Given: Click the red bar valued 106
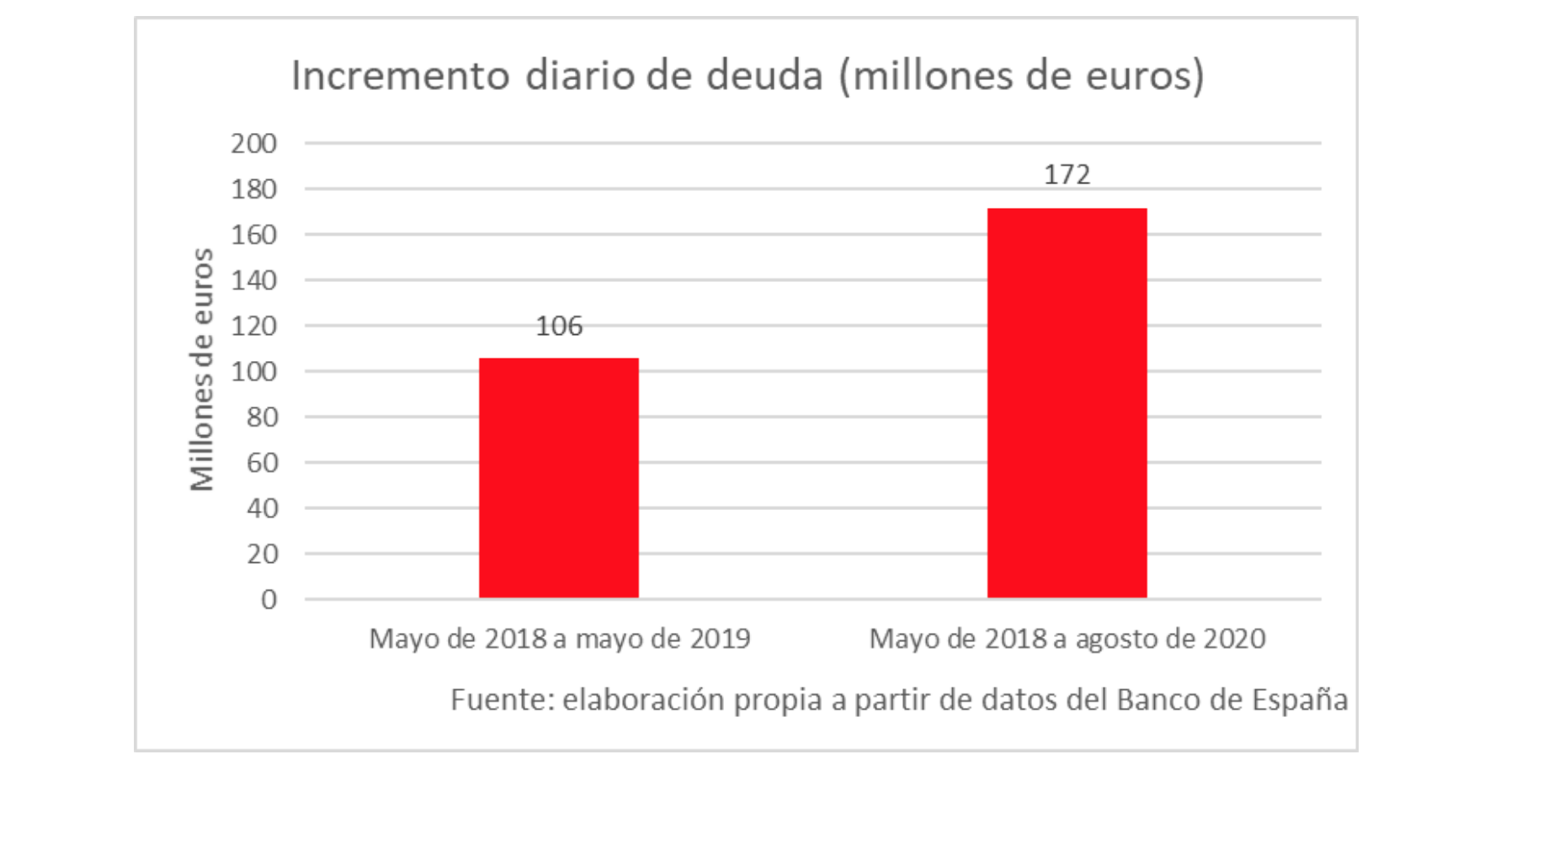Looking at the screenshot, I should [559, 478].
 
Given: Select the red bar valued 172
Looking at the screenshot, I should [1067, 403].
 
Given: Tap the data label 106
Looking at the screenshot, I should [559, 326].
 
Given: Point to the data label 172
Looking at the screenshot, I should [1067, 174].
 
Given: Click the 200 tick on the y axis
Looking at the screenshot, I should [253, 144].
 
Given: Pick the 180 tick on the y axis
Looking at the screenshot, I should [253, 189].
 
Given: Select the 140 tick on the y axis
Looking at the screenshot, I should [253, 280].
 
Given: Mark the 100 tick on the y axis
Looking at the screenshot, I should [253, 372].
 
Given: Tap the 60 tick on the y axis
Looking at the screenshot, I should [262, 463].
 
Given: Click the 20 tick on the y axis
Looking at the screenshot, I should [262, 554].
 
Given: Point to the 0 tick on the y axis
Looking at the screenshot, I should [269, 599].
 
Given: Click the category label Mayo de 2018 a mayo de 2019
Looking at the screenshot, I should [560, 639].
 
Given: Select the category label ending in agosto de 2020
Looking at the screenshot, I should [1067, 639].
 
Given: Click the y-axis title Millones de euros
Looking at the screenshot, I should [202, 369].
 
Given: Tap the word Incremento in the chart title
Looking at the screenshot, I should [401, 76].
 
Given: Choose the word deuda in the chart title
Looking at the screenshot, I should [764, 76].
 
